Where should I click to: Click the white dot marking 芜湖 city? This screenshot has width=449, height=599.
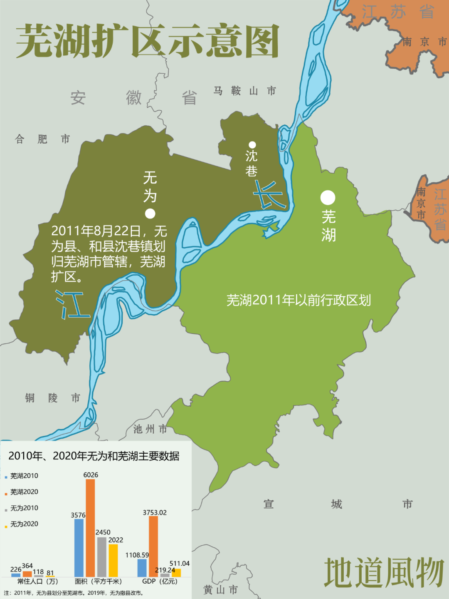tap(328, 198)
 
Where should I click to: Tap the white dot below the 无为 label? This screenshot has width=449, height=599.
tap(150, 214)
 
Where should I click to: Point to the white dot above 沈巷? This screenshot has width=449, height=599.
tap(252, 145)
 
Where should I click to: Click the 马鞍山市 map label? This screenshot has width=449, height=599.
tap(244, 91)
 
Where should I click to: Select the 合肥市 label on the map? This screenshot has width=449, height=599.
tap(42, 139)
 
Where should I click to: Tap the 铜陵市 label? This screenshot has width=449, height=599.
tap(52, 398)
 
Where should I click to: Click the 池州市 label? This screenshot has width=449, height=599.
tap(150, 429)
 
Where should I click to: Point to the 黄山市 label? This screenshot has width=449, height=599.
tap(220, 589)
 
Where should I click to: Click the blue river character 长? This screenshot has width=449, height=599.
tap(270, 195)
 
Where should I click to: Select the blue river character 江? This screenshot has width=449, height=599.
tap(73, 304)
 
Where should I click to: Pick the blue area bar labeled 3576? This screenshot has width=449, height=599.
tap(79, 547)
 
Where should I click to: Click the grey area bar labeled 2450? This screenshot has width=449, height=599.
tap(102, 557)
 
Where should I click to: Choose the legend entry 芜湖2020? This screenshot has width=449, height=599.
tap(24, 492)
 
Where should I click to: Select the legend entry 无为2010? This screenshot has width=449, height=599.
tap(24, 508)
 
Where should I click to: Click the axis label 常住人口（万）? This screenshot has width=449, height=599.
tap(37, 581)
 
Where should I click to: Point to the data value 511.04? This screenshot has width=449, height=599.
tap(180, 563)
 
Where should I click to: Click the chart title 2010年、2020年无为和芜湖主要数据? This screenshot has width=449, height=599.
tap(94, 456)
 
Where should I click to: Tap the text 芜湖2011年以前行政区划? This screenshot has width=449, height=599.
tap(299, 300)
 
